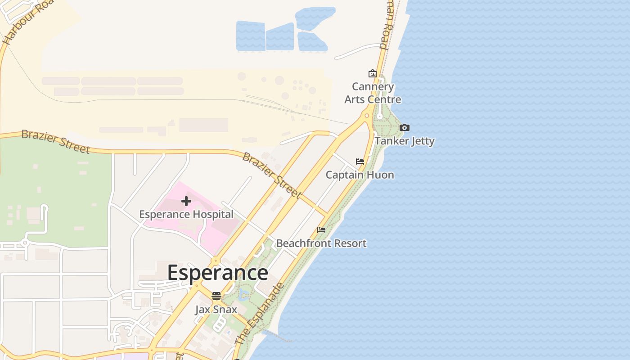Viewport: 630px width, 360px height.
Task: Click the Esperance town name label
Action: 218,273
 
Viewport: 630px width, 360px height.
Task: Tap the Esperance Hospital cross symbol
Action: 186,201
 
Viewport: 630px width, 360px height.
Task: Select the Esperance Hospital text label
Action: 186,214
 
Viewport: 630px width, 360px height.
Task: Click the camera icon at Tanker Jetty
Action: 405,128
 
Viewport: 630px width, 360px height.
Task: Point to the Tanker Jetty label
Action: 405,141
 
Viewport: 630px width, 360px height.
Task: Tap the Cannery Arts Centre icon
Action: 373,73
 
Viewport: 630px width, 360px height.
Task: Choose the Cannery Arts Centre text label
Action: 373,93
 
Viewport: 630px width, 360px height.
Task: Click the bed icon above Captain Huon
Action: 360,162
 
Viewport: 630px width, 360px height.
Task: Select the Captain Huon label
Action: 360,175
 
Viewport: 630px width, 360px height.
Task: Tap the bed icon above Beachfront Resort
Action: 321,230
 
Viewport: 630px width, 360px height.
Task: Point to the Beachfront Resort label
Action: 321,243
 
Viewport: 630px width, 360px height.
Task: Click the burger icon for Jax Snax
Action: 216,296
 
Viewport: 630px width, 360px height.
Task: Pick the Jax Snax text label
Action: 216,310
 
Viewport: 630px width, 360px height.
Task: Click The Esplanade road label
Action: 260,314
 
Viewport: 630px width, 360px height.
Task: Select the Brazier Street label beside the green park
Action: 55,141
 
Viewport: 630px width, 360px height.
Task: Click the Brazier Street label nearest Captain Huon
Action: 271,175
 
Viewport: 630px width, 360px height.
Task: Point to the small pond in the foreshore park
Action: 243,295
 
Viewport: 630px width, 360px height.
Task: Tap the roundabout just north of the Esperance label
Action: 216,261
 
